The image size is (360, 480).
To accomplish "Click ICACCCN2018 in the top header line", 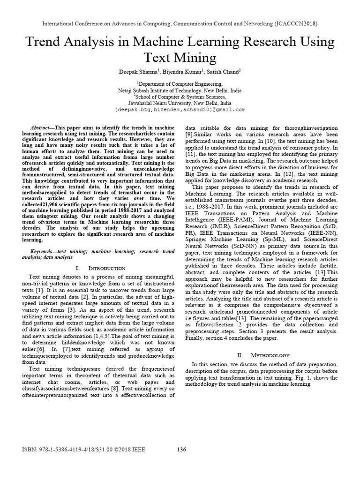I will (294, 23).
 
